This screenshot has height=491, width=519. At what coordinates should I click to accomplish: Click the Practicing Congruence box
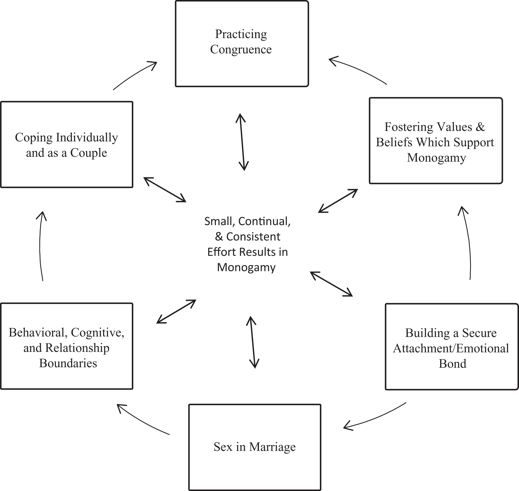(x=242, y=44)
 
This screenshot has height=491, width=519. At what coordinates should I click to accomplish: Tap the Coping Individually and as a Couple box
(x=67, y=145)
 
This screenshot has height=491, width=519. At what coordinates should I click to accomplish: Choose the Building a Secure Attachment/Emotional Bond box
(x=452, y=347)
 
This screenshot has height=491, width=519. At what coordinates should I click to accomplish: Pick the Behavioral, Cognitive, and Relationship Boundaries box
(x=67, y=346)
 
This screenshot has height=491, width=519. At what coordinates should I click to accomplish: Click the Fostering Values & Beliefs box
(x=436, y=141)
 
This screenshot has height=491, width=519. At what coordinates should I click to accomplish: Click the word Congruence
(x=241, y=49)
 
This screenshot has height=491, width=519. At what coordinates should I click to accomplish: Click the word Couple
(x=89, y=153)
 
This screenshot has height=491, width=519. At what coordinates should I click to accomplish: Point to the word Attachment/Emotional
(x=451, y=348)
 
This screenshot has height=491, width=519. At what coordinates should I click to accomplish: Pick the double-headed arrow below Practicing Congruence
(x=242, y=142)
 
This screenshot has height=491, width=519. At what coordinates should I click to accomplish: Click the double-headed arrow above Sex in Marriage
(x=253, y=342)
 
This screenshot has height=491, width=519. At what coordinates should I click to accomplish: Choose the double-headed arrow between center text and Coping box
(x=165, y=190)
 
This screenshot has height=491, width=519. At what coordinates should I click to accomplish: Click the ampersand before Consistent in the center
(x=219, y=237)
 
